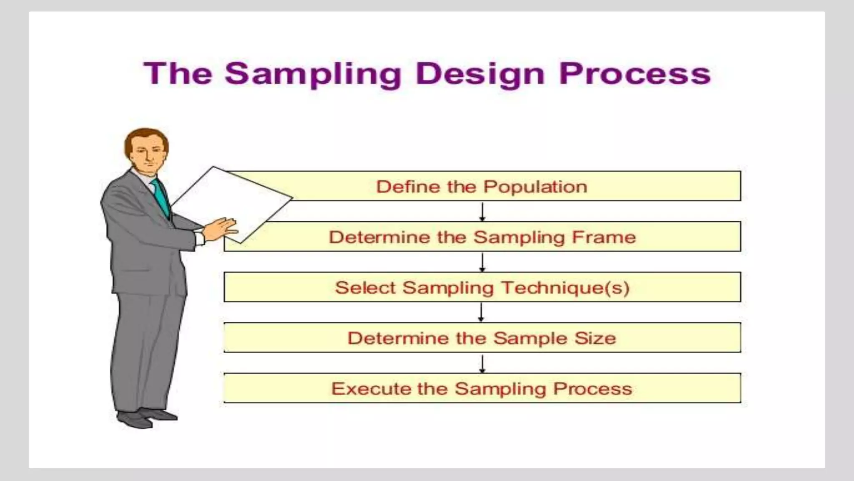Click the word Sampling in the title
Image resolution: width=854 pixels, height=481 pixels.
tap(313, 74)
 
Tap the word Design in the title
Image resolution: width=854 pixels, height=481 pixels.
tap(480, 74)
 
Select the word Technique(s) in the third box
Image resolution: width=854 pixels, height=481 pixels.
tap(565, 288)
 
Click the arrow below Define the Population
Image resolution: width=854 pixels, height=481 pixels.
tap(482, 212)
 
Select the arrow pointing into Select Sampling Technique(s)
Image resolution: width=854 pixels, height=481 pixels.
tap(482, 262)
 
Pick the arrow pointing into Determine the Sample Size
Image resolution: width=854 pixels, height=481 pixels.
tap(481, 312)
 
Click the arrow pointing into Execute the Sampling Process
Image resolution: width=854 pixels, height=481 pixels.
tap(482, 363)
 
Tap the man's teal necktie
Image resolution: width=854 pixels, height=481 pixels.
tap(161, 196)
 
